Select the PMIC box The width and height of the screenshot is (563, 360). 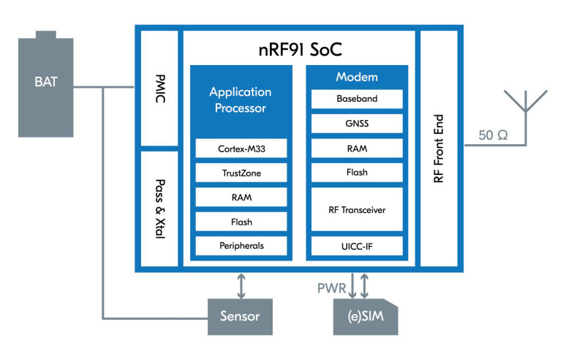click(x=159, y=88)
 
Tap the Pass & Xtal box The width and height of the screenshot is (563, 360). click(x=159, y=209)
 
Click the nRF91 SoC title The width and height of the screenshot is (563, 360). click(x=299, y=50)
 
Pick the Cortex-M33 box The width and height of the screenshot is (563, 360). click(x=241, y=149)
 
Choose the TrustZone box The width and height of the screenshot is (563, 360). click(x=241, y=173)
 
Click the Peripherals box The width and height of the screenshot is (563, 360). click(x=241, y=245)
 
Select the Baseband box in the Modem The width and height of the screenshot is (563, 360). click(x=357, y=98)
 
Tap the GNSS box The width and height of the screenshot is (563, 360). click(x=357, y=123)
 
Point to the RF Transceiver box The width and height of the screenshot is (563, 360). click(x=357, y=209)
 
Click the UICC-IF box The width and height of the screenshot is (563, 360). click(x=357, y=246)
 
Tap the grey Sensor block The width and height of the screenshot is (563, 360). click(x=240, y=317)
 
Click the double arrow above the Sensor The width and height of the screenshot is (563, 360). click(x=241, y=284)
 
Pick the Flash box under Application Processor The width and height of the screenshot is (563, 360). click(x=241, y=221)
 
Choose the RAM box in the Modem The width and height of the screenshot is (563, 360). click(x=357, y=148)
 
